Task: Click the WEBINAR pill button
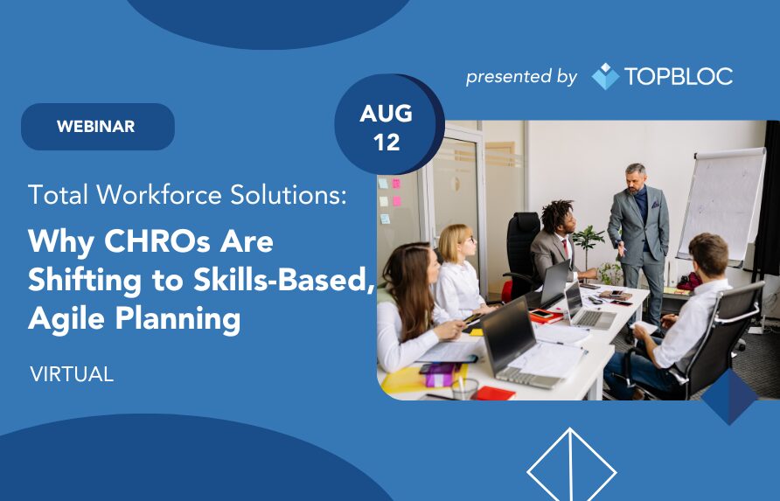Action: (x=98, y=127)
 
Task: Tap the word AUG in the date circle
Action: (x=386, y=114)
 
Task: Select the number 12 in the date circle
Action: (x=387, y=143)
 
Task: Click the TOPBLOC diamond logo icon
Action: (x=605, y=76)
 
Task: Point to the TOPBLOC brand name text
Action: (x=679, y=76)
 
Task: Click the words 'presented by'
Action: (x=521, y=77)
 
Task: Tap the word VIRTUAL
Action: (x=72, y=374)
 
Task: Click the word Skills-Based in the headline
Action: (x=283, y=280)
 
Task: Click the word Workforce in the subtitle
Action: (x=159, y=194)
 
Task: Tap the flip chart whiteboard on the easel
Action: (x=723, y=205)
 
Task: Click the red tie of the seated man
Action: (x=566, y=247)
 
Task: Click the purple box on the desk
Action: (x=440, y=375)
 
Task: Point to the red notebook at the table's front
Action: (x=496, y=393)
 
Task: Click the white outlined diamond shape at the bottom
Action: (x=572, y=464)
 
